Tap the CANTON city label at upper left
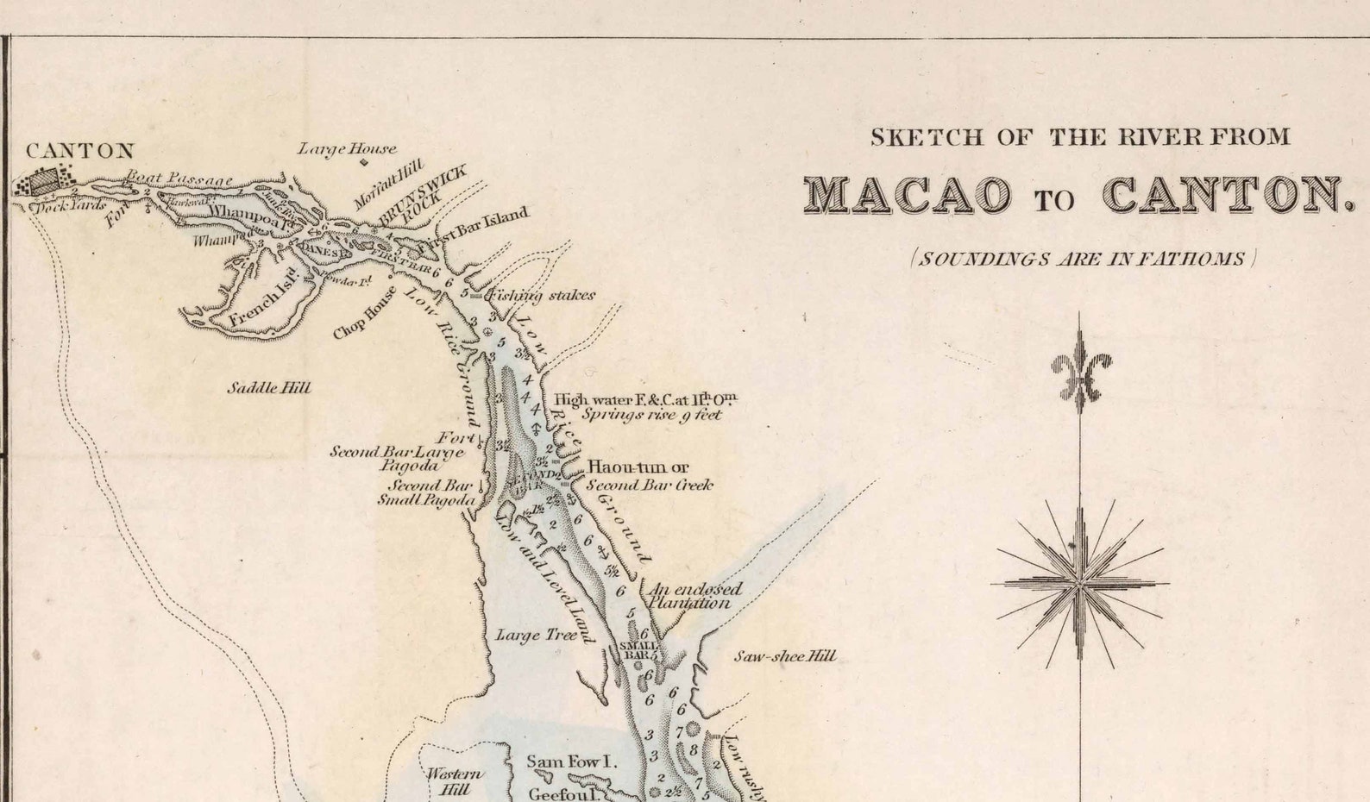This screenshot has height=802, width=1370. click(x=79, y=151)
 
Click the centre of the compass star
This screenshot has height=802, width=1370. click(x=1080, y=584)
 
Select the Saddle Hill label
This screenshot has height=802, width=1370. click(x=268, y=388)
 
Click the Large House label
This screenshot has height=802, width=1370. click(x=347, y=149)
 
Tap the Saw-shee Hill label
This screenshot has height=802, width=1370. click(x=784, y=656)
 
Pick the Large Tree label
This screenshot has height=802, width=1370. click(x=536, y=636)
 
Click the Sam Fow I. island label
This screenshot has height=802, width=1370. click(x=571, y=761)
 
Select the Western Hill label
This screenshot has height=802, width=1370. click(x=455, y=781)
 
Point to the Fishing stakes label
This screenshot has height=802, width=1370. click(x=542, y=296)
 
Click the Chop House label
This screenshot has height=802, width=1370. click(x=366, y=313)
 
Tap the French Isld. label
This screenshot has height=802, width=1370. click(x=265, y=304)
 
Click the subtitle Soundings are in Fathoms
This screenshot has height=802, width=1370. click(x=1084, y=259)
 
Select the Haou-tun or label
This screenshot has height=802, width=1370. click(x=638, y=467)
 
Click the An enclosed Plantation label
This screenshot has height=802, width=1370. click(x=694, y=596)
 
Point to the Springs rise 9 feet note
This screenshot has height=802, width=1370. click(x=650, y=415)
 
